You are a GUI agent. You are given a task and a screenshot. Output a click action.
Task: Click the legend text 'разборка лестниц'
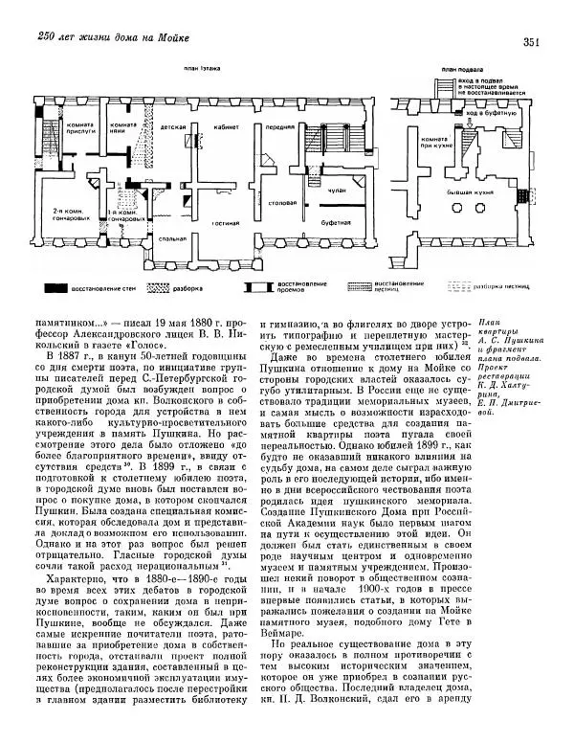[x=514, y=285]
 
